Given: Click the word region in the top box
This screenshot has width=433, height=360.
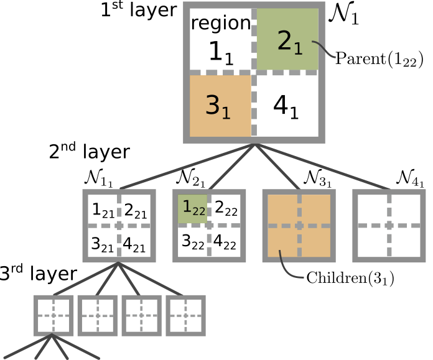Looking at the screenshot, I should tap(220, 24).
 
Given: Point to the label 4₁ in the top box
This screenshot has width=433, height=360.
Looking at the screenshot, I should tap(286, 107).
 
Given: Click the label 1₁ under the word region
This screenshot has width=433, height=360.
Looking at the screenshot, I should tap(220, 52).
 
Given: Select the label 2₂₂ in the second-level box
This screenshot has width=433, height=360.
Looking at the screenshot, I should tap(225, 209).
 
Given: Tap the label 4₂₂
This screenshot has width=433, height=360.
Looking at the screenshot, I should tap(225, 241).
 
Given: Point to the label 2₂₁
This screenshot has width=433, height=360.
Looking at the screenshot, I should tap(135, 212).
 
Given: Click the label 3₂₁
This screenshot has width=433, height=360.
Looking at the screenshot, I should tap(103, 244).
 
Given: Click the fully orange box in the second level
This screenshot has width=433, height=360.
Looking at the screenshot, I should tap(299, 225).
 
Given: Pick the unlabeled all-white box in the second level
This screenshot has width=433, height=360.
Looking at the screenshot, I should tap(389, 225).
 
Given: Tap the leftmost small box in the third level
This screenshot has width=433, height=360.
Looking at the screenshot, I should tap(53, 315).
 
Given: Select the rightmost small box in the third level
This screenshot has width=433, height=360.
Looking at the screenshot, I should tap(185, 315).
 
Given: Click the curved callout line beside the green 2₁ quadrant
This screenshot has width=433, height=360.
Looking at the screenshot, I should tap(324, 49).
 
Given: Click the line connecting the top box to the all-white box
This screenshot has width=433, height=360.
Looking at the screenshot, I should tap(324, 167).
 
